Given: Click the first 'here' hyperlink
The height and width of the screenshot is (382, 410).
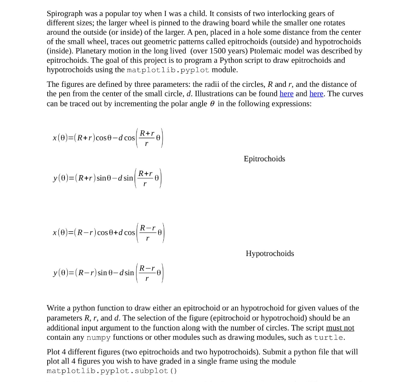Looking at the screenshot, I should tap(286, 94).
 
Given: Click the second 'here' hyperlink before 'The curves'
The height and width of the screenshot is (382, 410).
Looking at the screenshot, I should tap(316, 94).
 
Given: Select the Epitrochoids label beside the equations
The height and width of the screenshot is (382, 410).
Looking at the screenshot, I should tap(264, 159).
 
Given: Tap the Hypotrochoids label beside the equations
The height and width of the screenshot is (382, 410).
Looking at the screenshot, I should tap(269, 254).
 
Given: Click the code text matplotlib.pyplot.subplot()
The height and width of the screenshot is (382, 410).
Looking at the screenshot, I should tap(111, 371).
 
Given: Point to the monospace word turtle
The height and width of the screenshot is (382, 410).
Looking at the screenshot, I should tap(329, 338).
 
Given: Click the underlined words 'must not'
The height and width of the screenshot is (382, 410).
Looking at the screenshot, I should tap(340, 328).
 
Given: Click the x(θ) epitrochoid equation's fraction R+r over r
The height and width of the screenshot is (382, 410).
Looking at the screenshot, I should tap(147, 138).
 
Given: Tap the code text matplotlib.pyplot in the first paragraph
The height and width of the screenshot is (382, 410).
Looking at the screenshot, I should tap(168, 70).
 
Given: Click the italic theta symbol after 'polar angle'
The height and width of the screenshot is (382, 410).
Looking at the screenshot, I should tap(212, 103).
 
